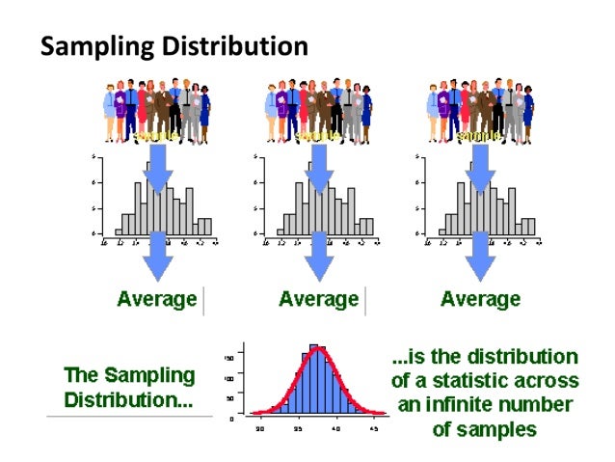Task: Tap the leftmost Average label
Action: coord(157,299)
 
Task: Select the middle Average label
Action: coord(319,299)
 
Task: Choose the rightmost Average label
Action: coord(480,299)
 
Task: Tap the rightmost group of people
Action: coord(479,110)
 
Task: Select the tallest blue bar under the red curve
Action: coord(314,381)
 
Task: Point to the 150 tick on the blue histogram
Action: coord(230,357)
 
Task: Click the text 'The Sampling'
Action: coord(129,374)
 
